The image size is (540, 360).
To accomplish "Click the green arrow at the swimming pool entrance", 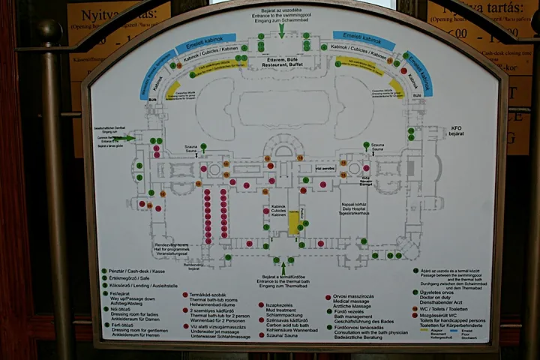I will click(x=282, y=31).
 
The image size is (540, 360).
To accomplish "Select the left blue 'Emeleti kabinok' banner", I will click(x=205, y=39).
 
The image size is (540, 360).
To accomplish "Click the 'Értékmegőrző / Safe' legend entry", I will click(x=132, y=278).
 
